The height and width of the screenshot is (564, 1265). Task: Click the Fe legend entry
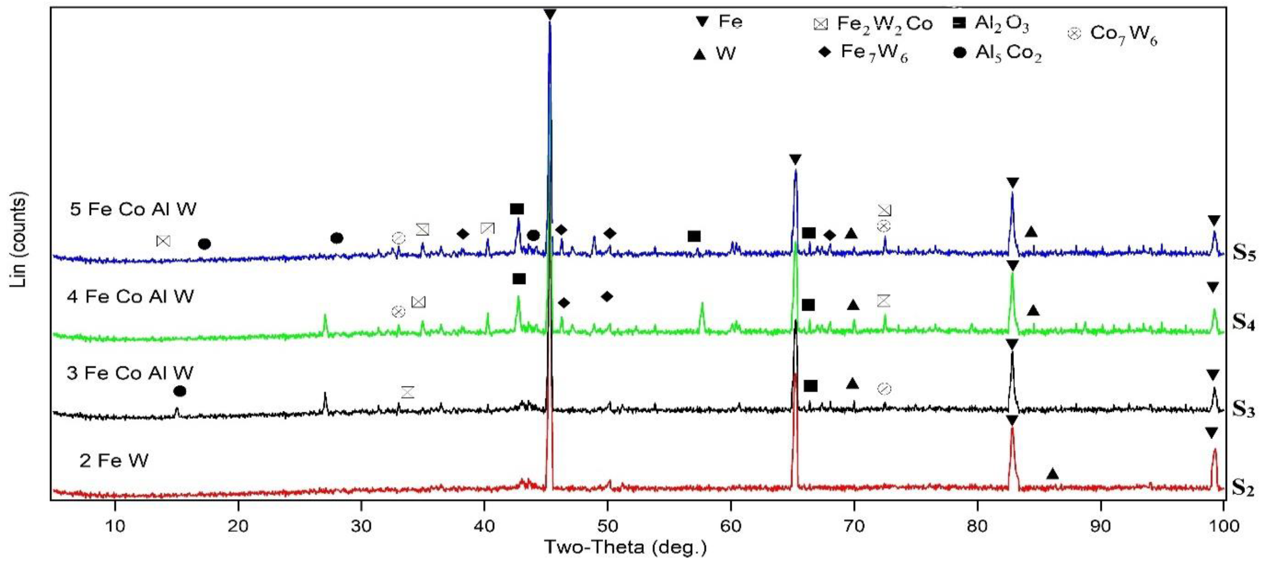click(719, 22)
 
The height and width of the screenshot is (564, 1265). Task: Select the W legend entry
click(714, 53)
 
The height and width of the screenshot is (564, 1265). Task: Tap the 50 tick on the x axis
click(608, 526)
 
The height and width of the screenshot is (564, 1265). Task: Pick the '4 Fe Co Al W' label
click(130, 297)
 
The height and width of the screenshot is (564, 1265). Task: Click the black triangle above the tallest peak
click(550, 15)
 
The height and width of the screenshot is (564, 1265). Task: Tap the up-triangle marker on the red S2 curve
click(1052, 474)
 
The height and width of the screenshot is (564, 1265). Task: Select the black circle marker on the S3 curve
click(180, 391)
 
